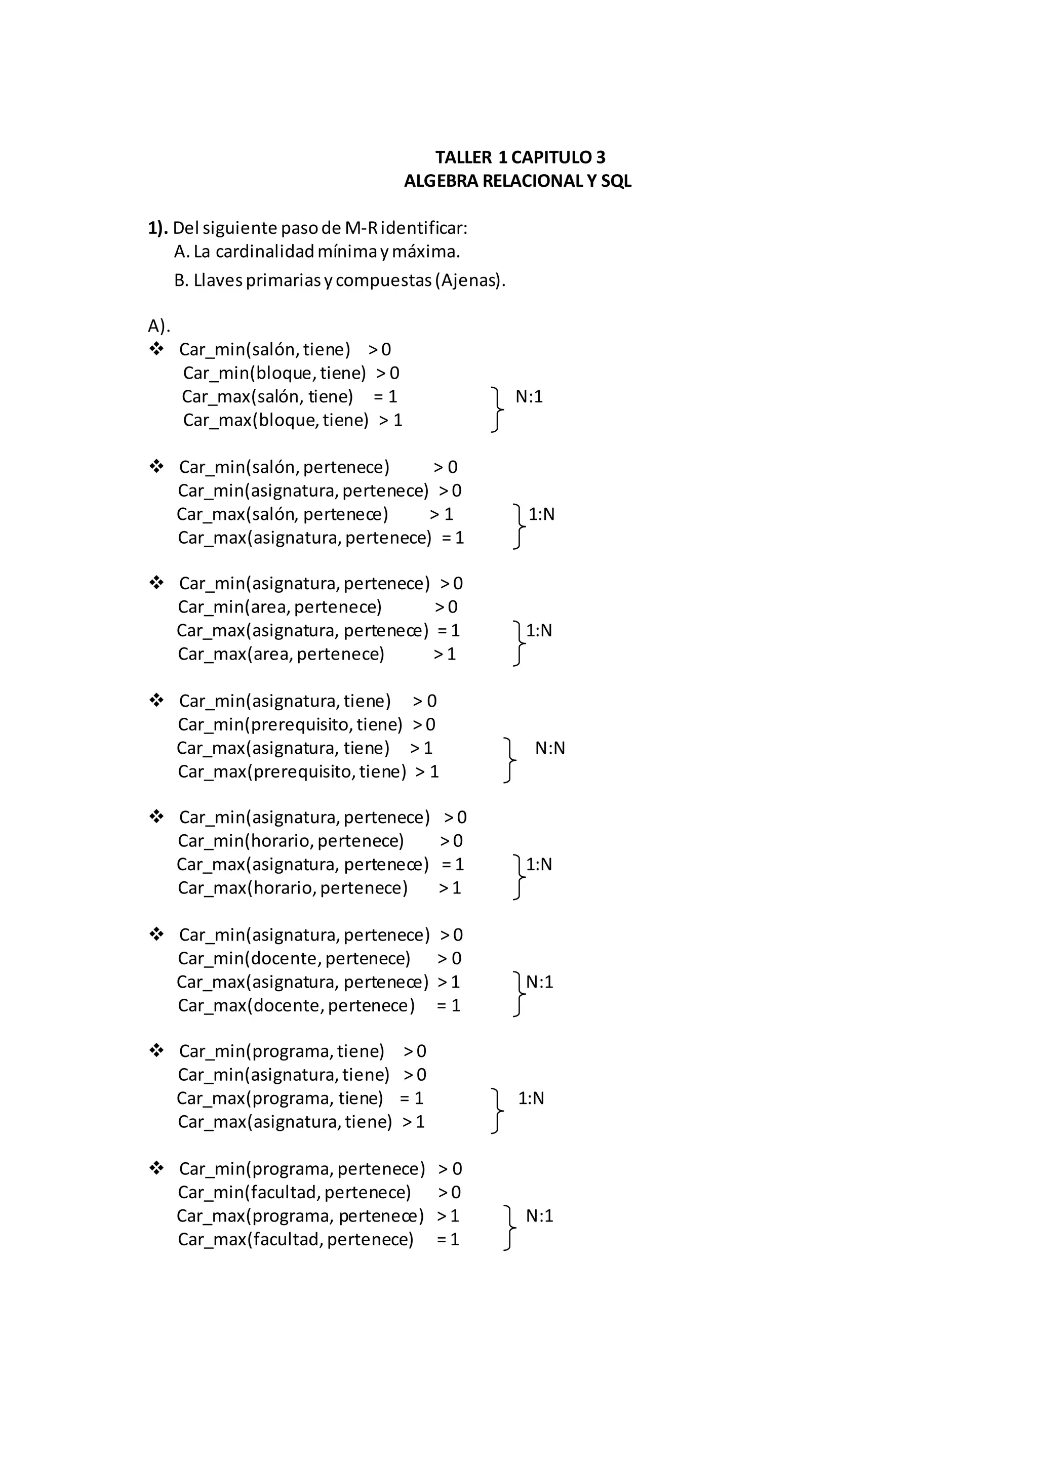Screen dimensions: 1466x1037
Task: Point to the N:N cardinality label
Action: (550, 748)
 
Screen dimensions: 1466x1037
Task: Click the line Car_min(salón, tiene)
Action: (264, 349)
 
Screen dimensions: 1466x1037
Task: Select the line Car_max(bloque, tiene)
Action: (276, 420)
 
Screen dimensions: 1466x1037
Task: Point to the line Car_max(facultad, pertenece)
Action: (296, 1239)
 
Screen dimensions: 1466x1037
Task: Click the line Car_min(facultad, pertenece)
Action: (294, 1192)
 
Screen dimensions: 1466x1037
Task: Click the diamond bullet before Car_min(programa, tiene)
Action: (156, 1050)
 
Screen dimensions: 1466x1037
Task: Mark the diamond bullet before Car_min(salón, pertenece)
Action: (156, 466)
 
